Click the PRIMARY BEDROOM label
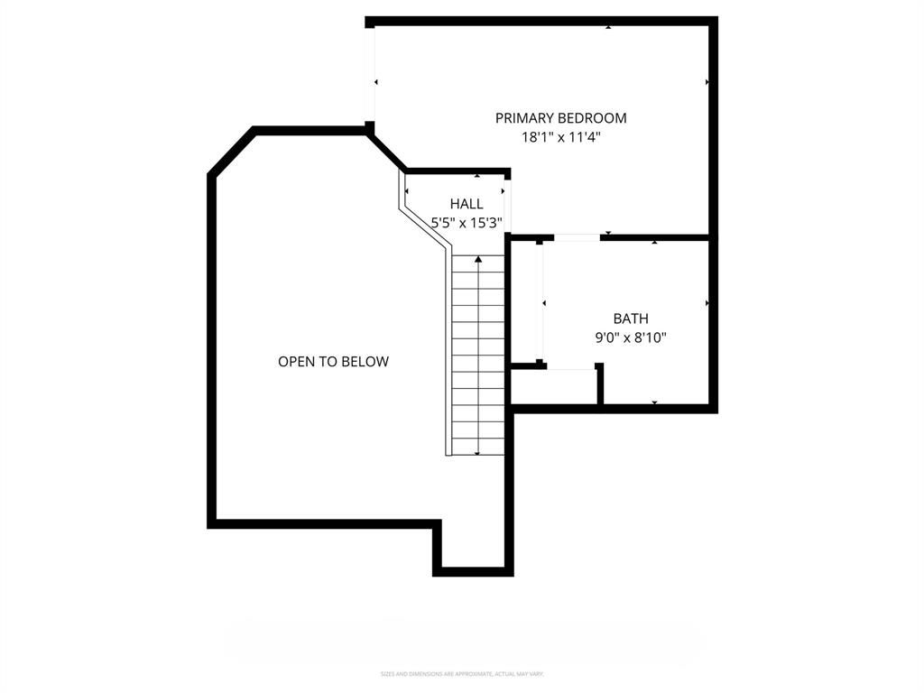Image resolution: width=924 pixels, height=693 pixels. (x=560, y=117)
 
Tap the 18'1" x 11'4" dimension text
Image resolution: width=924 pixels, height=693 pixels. (x=560, y=137)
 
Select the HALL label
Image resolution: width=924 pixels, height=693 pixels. (x=467, y=204)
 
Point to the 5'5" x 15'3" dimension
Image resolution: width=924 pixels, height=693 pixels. (x=466, y=222)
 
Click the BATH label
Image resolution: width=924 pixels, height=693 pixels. (x=631, y=319)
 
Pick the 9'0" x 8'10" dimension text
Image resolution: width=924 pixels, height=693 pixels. (x=631, y=338)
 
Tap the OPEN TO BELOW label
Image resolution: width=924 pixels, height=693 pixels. (x=333, y=362)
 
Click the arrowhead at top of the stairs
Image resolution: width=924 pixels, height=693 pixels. (x=478, y=260)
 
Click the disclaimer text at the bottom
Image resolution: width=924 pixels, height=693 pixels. (x=462, y=674)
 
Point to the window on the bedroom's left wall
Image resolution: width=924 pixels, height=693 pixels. (x=370, y=73)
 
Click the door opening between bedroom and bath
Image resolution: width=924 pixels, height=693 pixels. (x=577, y=237)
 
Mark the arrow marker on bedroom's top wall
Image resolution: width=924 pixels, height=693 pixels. (x=607, y=27)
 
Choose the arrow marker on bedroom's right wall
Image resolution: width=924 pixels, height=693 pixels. (x=707, y=82)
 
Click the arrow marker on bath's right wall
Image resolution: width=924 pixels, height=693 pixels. (x=707, y=303)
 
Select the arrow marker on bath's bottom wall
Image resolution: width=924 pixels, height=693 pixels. (x=654, y=402)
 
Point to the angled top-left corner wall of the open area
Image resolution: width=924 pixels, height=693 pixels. (x=232, y=152)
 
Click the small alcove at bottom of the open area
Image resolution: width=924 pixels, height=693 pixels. (x=473, y=546)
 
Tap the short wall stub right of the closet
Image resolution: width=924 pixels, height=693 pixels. (x=599, y=383)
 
